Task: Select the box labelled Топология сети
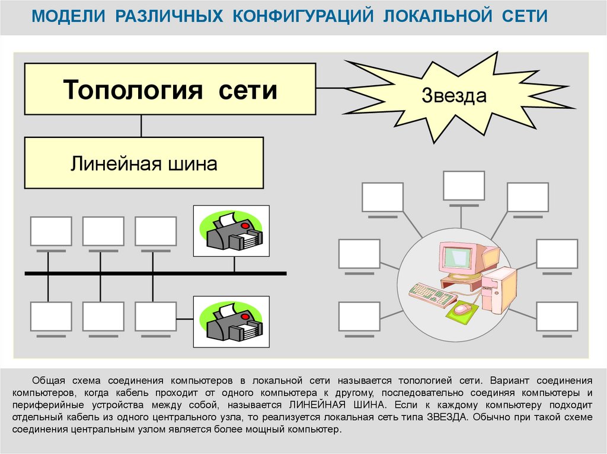pos(170,89)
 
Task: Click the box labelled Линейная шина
pos(143,163)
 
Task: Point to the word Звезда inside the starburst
pos(454,96)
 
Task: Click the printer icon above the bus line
pos(231,231)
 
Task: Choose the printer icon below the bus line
pos(231,322)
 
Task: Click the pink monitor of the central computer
pos(460,258)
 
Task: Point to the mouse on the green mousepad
pos(462,309)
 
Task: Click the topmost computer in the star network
pos(464,186)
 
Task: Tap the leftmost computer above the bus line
pos(51,231)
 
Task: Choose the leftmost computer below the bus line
pos(51,317)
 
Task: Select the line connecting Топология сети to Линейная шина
pos(141,125)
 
